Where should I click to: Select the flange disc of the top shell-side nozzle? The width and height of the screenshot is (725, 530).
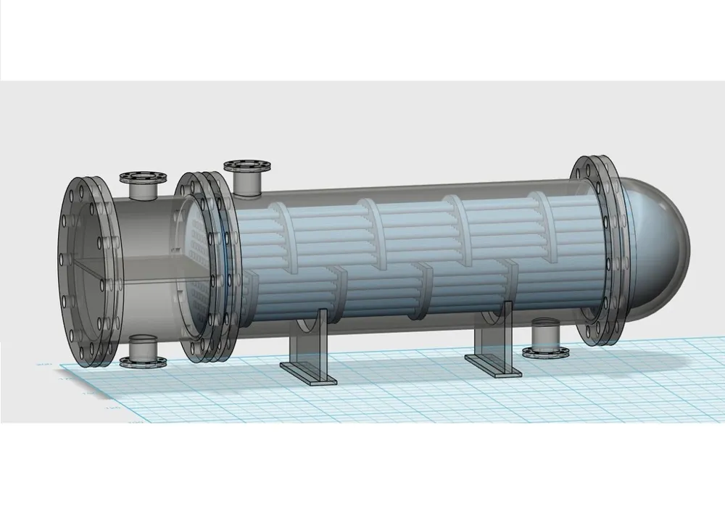[247, 166]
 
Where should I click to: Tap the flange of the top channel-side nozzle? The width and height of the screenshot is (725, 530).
[142, 177]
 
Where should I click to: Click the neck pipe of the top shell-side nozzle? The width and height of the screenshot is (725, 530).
[248, 183]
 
